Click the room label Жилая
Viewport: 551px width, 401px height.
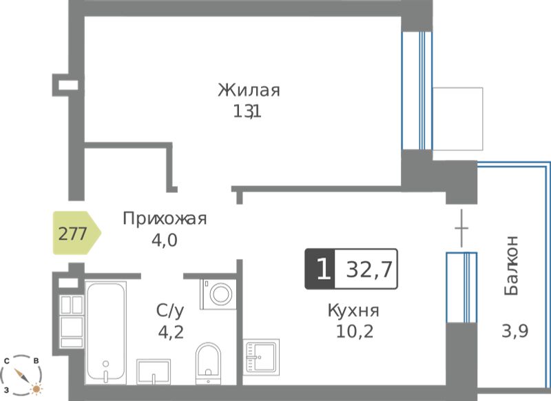tap(249, 90)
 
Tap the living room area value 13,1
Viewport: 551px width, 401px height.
tap(247, 112)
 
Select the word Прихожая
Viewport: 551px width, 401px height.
tap(165, 218)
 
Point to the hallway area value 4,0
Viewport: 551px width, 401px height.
tap(165, 240)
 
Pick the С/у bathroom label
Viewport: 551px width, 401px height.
tap(170, 311)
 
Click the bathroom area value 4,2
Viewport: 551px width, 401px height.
tap(171, 332)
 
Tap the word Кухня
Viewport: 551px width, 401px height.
tap(353, 311)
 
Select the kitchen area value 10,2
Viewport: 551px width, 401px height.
tap(355, 331)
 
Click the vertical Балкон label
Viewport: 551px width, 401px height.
tap(511, 265)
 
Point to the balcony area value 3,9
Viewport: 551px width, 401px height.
tap(514, 331)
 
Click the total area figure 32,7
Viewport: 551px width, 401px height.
tap(369, 270)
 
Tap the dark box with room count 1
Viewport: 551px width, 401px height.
tap(320, 269)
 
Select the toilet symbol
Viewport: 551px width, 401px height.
tap(208, 363)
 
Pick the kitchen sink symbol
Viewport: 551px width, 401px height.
tap(261, 357)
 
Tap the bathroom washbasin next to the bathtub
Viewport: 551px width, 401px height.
tap(153, 372)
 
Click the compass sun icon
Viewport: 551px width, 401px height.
tap(37, 389)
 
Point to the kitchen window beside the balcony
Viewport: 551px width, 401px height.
tap(461, 287)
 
